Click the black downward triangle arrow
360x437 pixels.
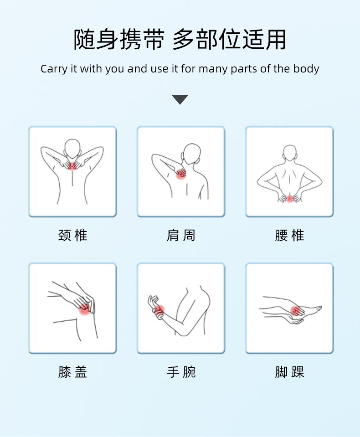180,99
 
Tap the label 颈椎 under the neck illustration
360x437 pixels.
72,235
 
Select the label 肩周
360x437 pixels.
181,235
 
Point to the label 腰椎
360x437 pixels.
289,235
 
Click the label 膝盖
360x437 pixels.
72,372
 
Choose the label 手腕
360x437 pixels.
181,372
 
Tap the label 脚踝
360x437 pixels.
289,372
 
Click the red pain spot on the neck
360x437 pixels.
72,166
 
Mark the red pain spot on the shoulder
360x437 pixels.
180,175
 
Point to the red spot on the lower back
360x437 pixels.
290,199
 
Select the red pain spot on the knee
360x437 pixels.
83,309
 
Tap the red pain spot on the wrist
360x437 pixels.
159,309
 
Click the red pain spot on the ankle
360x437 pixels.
296,311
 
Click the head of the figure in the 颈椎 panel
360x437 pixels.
72,148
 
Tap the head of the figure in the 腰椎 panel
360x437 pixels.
290,153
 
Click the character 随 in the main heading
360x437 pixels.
84,40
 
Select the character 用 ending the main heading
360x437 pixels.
276,40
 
